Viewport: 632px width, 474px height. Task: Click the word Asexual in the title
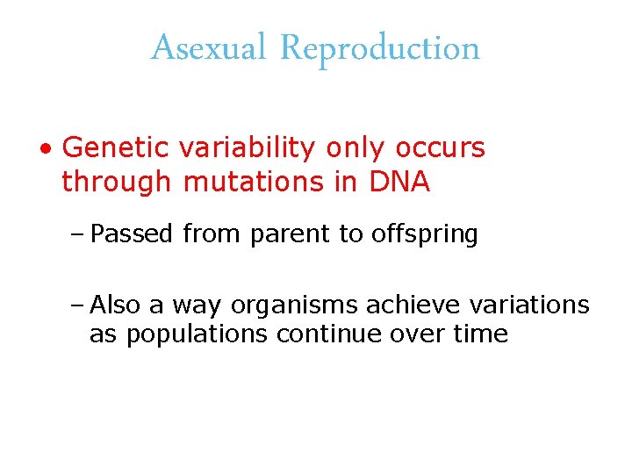[208, 48]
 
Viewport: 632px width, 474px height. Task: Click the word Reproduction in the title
[380, 48]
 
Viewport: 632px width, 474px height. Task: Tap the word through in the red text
[116, 182]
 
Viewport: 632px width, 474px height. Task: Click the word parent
[284, 234]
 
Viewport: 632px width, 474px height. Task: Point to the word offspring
[424, 234]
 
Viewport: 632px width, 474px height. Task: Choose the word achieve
[413, 305]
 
